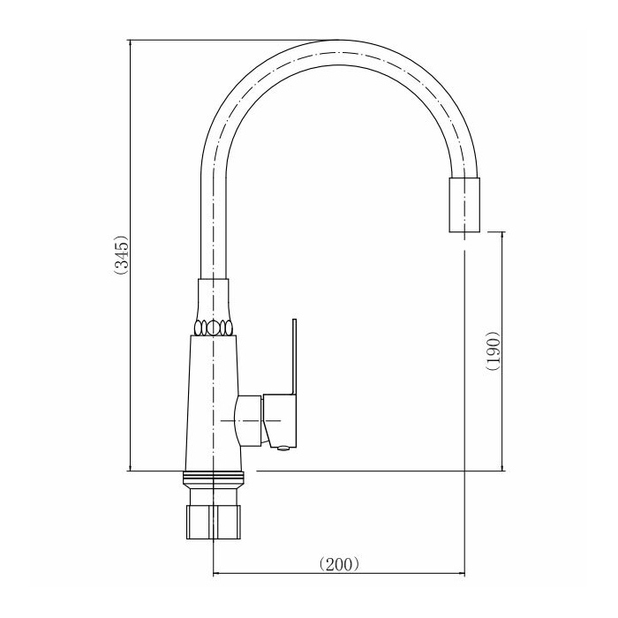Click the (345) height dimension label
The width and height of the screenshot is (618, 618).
coord(121,255)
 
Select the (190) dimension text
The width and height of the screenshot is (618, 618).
coord(493,350)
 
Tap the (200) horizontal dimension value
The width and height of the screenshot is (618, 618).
coord(339,564)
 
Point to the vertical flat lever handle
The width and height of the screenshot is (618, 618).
coord(294,357)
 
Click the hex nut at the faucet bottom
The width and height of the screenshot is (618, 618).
coord(213,522)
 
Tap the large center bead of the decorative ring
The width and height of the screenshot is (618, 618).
coord(213,328)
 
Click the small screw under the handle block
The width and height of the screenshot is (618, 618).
coord(283,448)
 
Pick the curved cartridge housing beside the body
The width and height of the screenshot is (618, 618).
coord(248,421)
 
